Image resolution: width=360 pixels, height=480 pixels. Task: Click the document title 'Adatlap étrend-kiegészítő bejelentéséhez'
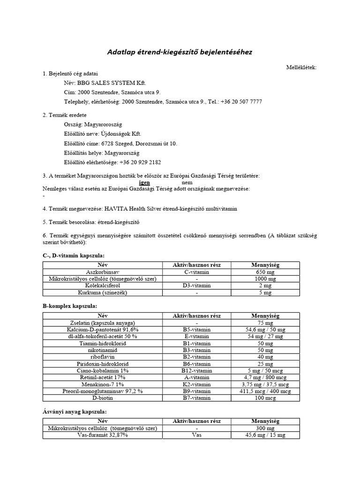click(180, 52)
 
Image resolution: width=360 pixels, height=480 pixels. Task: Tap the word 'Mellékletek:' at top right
click(301, 67)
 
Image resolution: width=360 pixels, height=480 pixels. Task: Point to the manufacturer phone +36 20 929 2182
click(140, 162)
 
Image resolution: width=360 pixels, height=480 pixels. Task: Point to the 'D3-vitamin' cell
click(197, 285)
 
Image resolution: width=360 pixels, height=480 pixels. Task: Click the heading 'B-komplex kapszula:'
click(70, 306)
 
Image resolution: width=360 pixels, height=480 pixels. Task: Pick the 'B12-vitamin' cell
click(197, 370)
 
